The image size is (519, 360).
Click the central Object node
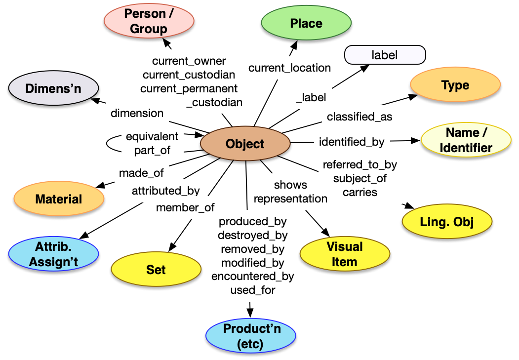pos(245,144)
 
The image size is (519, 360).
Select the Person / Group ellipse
pos(149,21)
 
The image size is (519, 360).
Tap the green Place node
pos(306,23)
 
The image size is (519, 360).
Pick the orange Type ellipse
pos(455,85)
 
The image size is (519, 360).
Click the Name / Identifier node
pos(466,140)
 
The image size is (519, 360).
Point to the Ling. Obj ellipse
pos(446,222)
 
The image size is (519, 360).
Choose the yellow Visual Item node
pos(344,254)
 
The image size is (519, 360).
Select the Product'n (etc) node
pos(250,336)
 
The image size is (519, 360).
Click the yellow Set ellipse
pos(156,270)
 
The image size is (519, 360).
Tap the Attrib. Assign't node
pos(53,254)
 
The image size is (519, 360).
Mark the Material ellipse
pos(59,200)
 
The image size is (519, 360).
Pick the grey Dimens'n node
pos(53,89)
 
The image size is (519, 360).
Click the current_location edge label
pos(289,68)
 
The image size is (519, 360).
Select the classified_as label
pos(359,117)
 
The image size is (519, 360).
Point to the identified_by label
pos(352,142)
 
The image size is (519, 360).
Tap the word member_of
pos(185,208)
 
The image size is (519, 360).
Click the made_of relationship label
pos(141,173)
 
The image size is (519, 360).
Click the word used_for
pos(252,290)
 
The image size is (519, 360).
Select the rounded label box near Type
pos(385,55)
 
